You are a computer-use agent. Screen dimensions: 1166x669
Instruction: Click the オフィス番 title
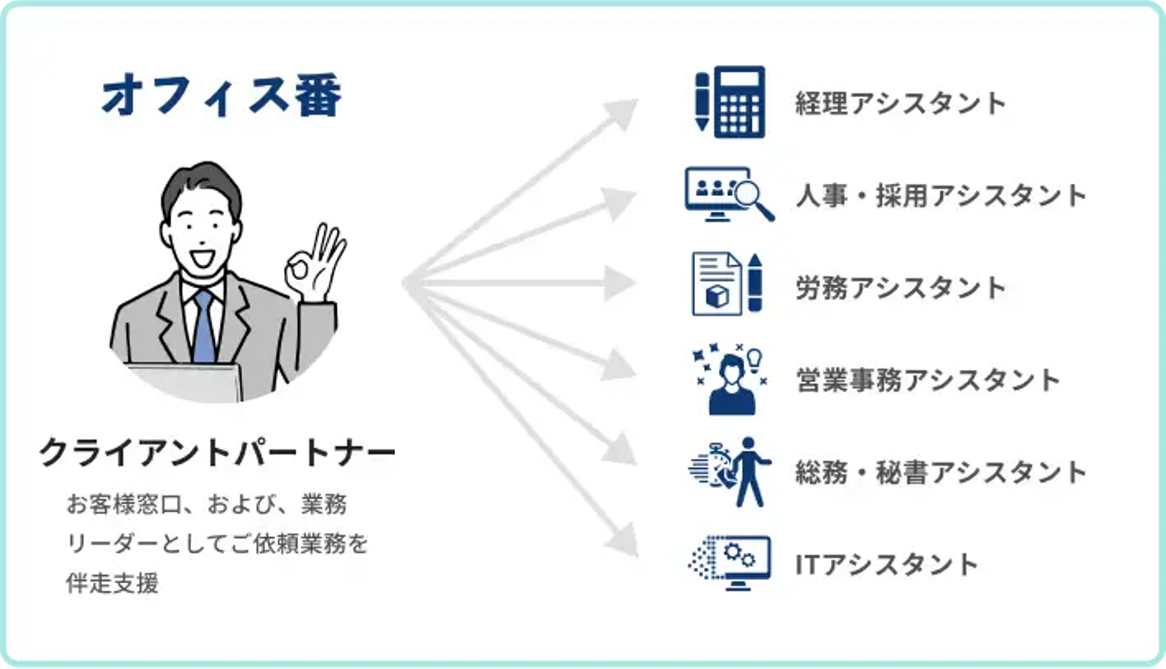pos(222,95)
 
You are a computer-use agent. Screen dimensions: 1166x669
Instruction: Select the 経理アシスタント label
pos(901,103)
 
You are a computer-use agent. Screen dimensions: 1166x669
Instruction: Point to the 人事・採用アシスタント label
pos(941,196)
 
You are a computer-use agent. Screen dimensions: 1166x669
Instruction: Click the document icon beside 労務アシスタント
pos(717,283)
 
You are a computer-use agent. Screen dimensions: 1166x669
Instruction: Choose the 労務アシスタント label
pos(901,288)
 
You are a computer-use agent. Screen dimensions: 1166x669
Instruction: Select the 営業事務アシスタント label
pos(928,380)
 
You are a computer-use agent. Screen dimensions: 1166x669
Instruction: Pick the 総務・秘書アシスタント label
pos(941,472)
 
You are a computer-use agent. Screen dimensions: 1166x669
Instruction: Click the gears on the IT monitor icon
pos(740,555)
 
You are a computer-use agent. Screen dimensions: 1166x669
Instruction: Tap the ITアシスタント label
pos(887,565)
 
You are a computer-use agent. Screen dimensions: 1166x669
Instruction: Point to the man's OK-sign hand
pos(314,263)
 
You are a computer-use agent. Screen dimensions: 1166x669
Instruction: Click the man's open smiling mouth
pos(202,258)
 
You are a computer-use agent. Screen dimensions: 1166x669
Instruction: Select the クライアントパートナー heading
pos(218,453)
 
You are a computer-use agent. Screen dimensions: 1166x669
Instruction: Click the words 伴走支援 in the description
pos(113,583)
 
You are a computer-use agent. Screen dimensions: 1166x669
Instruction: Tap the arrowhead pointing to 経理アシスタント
pos(622,113)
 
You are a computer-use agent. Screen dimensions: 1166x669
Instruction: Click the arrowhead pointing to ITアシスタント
pos(623,540)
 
